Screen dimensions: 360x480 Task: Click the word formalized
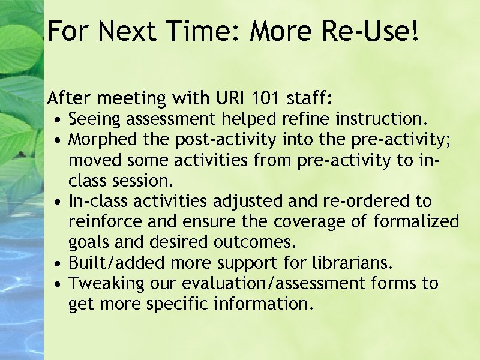[x=416, y=221]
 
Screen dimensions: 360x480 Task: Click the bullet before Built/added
[x=55, y=263]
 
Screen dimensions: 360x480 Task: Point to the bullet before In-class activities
[x=55, y=202]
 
